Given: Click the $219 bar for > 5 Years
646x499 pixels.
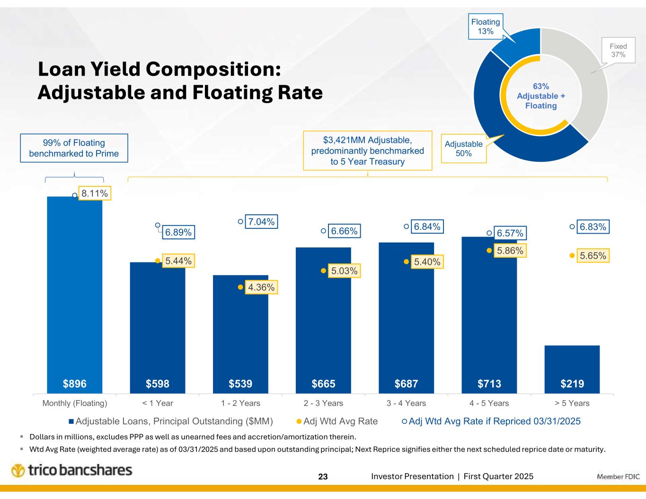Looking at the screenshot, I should pos(572,369).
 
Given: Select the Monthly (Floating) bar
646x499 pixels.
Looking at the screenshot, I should pos(74,293).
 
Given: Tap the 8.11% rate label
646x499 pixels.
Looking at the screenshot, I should pos(94,193).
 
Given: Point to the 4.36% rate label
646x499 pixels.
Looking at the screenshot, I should pos(261,287).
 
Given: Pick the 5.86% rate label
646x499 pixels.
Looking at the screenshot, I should pos(510,251).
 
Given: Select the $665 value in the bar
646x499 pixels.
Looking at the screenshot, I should pos(323,384).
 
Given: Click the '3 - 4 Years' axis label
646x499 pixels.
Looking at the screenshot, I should pos(406,403).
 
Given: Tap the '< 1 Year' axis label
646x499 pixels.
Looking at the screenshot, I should pos(158,403).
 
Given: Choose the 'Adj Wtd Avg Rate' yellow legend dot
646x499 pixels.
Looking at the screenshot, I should pos(299,421).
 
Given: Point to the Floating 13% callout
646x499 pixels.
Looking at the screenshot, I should pos(485,26).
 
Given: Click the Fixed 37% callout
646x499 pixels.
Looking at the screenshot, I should pos(618,51).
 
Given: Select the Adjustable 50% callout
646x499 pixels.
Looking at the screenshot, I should pos(463,149).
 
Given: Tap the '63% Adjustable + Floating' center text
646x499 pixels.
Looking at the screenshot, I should pos(541,96).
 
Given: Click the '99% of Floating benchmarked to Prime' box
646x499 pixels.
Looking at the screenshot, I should pos(74,148).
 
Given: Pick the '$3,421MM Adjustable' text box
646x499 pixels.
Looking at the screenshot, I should pos(367,150).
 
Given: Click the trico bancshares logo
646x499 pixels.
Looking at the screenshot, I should pos(71,471).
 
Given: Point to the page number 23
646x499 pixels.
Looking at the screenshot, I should pos(323,477).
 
